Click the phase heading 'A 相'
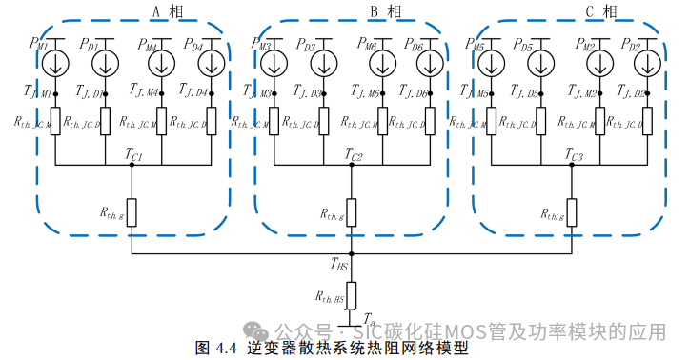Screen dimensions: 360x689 (164, 11)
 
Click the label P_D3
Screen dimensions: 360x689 (306, 45)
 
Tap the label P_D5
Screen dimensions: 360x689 (522, 45)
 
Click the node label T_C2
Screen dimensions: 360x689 (354, 155)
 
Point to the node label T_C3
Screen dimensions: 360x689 (574, 155)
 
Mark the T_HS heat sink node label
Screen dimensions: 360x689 (339, 264)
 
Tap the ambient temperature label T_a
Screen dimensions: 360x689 (368, 319)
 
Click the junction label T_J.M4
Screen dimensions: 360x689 (141, 91)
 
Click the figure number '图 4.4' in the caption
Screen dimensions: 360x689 (215, 349)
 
